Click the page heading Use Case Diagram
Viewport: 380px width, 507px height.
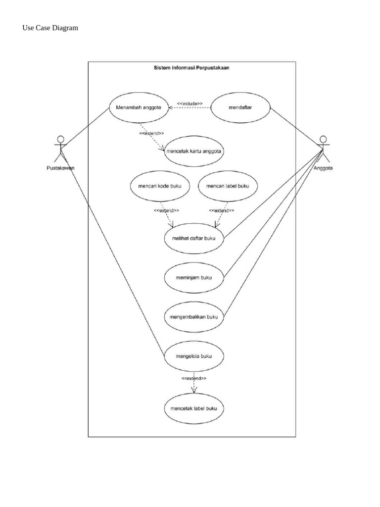point(50,28)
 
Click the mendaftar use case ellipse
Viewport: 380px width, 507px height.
point(241,107)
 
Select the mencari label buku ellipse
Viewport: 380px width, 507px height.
point(228,186)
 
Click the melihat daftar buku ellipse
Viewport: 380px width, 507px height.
point(194,238)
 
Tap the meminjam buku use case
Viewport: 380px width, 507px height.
point(194,278)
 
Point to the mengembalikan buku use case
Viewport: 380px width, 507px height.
point(194,316)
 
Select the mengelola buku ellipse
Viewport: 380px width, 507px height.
point(194,355)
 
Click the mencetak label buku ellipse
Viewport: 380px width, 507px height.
point(194,408)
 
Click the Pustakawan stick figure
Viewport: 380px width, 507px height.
point(60,148)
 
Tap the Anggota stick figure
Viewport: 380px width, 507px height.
point(323,148)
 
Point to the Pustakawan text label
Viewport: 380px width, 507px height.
point(57,168)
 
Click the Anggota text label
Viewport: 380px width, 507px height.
point(323,168)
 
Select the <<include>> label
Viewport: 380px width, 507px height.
point(190,103)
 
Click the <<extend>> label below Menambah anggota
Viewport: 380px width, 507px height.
point(151,134)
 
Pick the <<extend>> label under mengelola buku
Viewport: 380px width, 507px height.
point(193,378)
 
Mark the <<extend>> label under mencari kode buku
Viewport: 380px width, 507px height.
point(166,210)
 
